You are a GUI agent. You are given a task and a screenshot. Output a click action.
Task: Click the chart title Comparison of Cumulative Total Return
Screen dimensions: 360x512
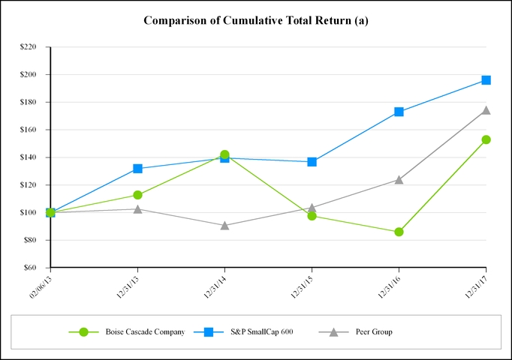[x=255, y=20]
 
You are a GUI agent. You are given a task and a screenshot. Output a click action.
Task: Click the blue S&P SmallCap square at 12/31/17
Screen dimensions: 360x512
[x=486, y=79]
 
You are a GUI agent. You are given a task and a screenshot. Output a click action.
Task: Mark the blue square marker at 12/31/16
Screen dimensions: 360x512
[x=399, y=112]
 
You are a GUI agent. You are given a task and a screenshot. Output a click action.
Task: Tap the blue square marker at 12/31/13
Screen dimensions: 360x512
[x=137, y=169]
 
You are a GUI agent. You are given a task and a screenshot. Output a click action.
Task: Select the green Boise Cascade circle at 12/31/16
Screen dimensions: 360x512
[x=399, y=232]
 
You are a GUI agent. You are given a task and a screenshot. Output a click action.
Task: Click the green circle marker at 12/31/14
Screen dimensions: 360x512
[x=224, y=154]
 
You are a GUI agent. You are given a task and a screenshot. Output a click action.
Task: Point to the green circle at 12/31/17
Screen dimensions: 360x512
[x=486, y=139]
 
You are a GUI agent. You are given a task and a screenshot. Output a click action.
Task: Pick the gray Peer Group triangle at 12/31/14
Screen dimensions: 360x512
[x=224, y=225]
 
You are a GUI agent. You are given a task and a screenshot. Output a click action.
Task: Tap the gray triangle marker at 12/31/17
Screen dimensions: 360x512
[x=486, y=110]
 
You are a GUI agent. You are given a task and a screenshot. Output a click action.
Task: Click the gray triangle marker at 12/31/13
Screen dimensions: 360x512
[x=137, y=208]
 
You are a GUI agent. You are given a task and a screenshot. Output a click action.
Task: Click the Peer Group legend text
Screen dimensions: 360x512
[x=374, y=331]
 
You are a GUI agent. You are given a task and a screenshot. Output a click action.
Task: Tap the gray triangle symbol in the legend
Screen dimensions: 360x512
[x=333, y=331]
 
